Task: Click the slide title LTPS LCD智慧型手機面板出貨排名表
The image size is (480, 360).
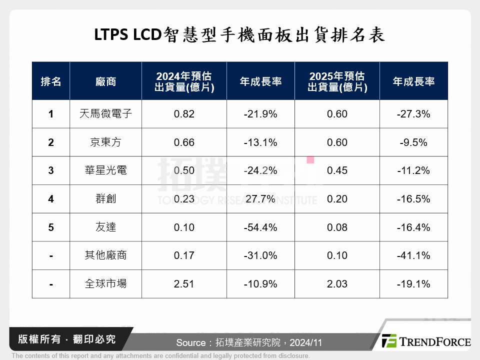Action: coord(239,35)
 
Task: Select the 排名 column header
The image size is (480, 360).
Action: coord(51,81)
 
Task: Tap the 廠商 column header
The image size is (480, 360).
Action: coord(105,81)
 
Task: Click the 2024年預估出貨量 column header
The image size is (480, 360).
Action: coord(184,81)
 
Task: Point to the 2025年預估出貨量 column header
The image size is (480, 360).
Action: coord(337,81)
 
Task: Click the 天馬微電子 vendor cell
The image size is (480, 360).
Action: coord(105,114)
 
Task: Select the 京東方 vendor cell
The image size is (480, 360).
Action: coord(105,142)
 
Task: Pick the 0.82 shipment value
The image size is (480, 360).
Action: coord(184,114)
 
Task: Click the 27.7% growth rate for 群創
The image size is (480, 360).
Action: coord(260,199)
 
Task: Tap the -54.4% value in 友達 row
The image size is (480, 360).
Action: coord(260,227)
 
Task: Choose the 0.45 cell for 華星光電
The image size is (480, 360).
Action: coord(337,170)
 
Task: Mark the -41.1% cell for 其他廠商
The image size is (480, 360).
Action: coord(413,255)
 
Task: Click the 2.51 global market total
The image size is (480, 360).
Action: coord(184,284)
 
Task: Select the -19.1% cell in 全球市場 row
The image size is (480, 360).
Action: coord(413,284)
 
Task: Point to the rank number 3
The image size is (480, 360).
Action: coord(51,170)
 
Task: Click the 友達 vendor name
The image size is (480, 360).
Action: coord(105,227)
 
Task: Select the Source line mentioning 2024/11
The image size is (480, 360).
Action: coord(248,342)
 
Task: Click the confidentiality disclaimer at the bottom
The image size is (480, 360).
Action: coord(160,356)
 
